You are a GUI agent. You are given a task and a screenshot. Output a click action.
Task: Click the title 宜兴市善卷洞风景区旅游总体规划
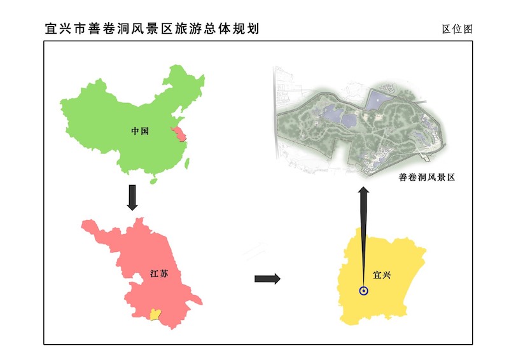[x=152, y=29]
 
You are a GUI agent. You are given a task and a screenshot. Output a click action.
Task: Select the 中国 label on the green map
[x=140, y=131]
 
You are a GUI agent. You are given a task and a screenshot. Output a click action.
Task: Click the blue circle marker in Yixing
[x=363, y=291]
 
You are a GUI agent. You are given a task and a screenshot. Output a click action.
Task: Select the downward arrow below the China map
[x=132, y=197]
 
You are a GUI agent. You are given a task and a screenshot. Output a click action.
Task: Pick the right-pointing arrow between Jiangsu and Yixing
[x=267, y=279]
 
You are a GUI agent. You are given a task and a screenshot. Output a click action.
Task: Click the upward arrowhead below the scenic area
[x=363, y=193]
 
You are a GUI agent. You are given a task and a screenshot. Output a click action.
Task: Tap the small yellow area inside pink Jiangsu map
[x=154, y=314]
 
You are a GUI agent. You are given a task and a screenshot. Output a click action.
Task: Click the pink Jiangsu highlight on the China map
[x=180, y=134]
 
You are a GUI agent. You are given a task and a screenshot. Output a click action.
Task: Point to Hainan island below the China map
[x=153, y=180]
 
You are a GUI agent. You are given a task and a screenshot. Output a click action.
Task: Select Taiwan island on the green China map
[x=187, y=163]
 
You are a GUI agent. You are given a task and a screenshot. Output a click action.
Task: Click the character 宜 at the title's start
[x=51, y=29]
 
